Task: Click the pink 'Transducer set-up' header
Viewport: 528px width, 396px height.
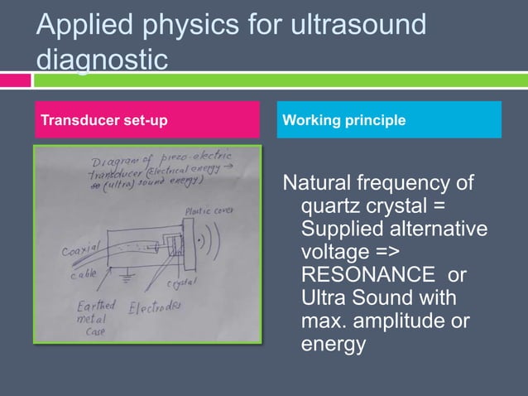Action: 104,121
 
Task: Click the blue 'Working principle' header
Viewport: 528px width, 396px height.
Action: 344,121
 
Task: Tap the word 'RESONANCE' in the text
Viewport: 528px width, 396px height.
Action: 368,273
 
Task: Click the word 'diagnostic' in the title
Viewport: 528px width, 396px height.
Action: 101,60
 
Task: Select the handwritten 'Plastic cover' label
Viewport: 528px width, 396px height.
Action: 209,212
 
